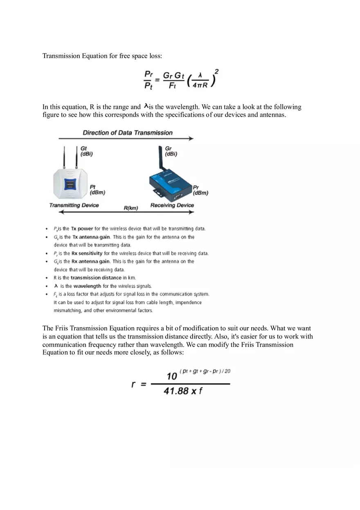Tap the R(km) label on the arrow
pos(131,208)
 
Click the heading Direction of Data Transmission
pos(128,133)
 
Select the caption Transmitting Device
pos(74,205)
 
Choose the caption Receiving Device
pos(172,205)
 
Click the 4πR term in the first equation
pos(200,85)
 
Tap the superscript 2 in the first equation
pos(216,72)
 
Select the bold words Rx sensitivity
pos(87,253)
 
